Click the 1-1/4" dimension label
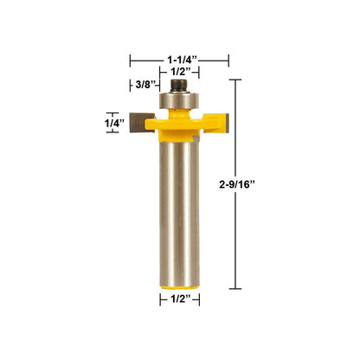click(183, 60)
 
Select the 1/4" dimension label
click(114, 123)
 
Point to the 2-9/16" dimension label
click(237, 184)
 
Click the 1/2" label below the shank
click(181, 299)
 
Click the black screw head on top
click(179, 86)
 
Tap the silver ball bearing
click(179, 100)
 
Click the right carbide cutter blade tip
click(227, 123)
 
